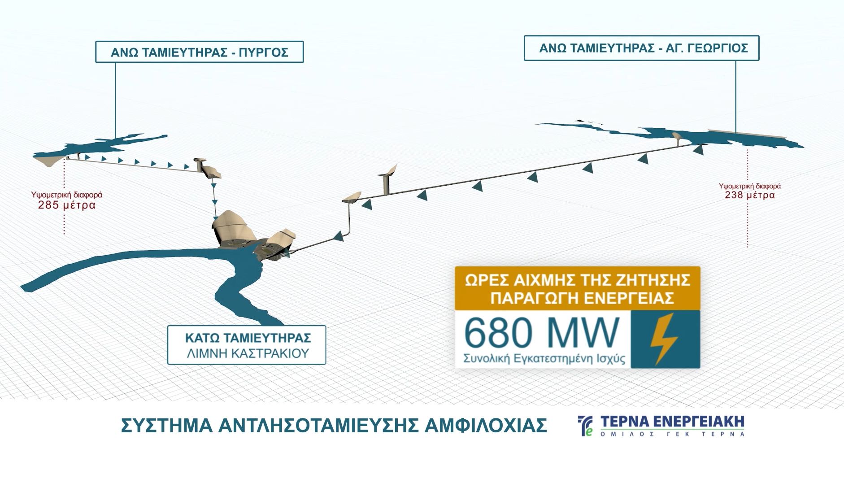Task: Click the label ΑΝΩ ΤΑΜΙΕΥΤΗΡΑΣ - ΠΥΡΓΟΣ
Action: point(200,52)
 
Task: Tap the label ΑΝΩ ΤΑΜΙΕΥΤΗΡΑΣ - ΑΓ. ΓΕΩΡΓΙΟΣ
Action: point(641,48)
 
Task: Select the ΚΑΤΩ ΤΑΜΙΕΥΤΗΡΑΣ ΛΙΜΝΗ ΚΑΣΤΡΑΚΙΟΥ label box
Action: point(247,344)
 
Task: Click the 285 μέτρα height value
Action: point(67,205)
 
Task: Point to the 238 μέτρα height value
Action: point(750,195)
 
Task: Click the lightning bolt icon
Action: point(664,339)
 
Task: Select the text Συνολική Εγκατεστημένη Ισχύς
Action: point(544,359)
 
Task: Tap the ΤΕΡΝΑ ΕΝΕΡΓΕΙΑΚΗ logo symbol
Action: point(585,426)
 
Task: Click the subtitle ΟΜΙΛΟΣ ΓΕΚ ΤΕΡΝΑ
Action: point(672,434)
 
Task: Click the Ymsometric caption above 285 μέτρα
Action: point(67,195)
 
